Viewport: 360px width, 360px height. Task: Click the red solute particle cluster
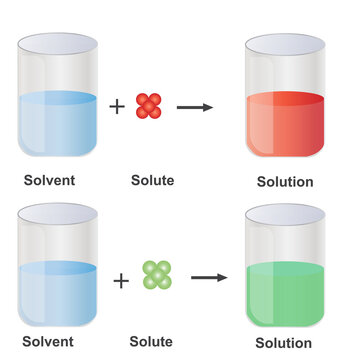pos(148,105)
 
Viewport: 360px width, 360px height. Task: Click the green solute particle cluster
pos(156,275)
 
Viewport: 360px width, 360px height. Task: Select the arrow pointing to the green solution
pos(206,277)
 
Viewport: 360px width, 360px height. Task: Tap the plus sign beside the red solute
pos(117,106)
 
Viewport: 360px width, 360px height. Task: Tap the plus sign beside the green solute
pos(121,280)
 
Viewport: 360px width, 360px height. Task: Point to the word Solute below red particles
pos(154,181)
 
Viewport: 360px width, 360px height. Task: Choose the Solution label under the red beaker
pos(284,182)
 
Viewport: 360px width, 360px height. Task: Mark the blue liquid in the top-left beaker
pos(57,125)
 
